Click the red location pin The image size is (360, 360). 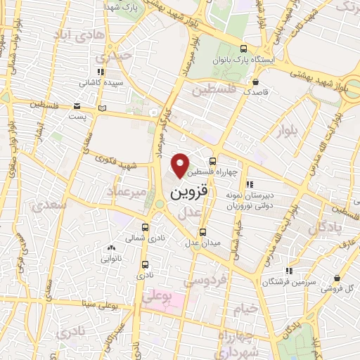coord(181,165)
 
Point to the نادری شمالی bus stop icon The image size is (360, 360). coord(146,228)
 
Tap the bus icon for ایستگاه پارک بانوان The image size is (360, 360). coord(243,49)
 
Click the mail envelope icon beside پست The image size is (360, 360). coord(76,107)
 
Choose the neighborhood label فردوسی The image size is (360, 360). coord(206,281)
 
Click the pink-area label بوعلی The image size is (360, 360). coord(156,298)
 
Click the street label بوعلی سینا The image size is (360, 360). coord(98,304)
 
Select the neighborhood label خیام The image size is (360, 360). coord(249,309)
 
